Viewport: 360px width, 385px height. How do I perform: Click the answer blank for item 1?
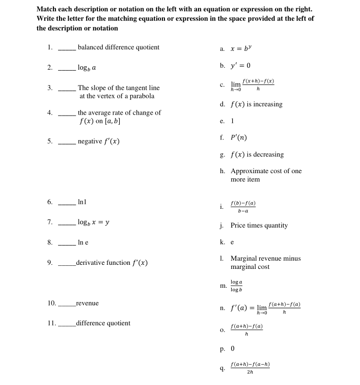coord(67,48)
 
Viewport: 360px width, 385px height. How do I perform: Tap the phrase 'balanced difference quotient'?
coord(118,47)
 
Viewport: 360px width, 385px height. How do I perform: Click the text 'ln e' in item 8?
coord(83,242)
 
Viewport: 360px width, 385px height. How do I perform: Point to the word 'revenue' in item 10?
coord(87,303)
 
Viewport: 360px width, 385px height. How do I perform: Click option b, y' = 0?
coord(240,66)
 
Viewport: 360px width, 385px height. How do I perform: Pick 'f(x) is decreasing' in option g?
coord(257,154)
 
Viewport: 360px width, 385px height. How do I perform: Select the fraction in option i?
coord(243,206)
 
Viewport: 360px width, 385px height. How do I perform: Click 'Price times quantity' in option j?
coord(259,225)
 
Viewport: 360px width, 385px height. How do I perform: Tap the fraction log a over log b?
coord(236,286)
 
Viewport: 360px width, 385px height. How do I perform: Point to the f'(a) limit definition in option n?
coord(265,308)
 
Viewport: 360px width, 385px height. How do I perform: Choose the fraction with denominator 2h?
coord(250,368)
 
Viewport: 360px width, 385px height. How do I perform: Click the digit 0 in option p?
coord(233,349)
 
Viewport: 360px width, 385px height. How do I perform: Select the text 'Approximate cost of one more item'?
coord(266,175)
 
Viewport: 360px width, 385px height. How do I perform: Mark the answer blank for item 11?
coord(67,324)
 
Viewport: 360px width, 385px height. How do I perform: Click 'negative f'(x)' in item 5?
coord(99,141)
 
